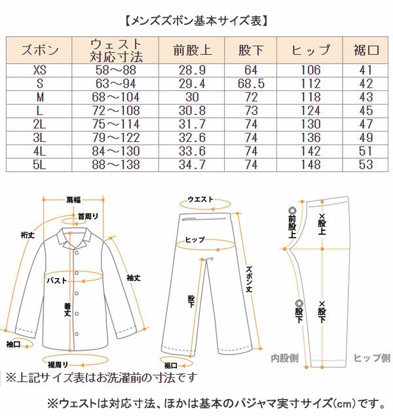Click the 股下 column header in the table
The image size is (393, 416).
tap(251, 50)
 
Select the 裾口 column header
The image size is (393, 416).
tap(365, 50)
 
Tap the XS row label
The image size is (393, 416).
tap(39, 70)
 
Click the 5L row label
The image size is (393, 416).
tap(39, 164)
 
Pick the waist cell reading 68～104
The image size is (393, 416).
tap(115, 97)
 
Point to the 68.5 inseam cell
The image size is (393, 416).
tap(251, 84)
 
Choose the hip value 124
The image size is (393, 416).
tap(310, 111)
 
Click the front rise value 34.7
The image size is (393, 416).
tap(192, 164)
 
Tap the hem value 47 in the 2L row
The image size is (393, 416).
tap(366, 124)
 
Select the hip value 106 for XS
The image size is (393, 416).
tap(310, 70)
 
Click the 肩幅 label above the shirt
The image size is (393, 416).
tap(73, 199)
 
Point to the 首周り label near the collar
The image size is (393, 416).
tap(88, 217)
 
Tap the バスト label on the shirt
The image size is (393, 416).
tap(56, 281)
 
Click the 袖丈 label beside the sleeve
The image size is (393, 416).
tap(134, 278)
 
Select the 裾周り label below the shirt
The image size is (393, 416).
tap(58, 365)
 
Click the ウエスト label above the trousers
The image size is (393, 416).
tap(200, 199)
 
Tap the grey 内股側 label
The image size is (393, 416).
tap(284, 358)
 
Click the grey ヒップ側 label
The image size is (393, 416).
tap(372, 358)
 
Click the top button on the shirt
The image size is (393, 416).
tap(77, 253)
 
